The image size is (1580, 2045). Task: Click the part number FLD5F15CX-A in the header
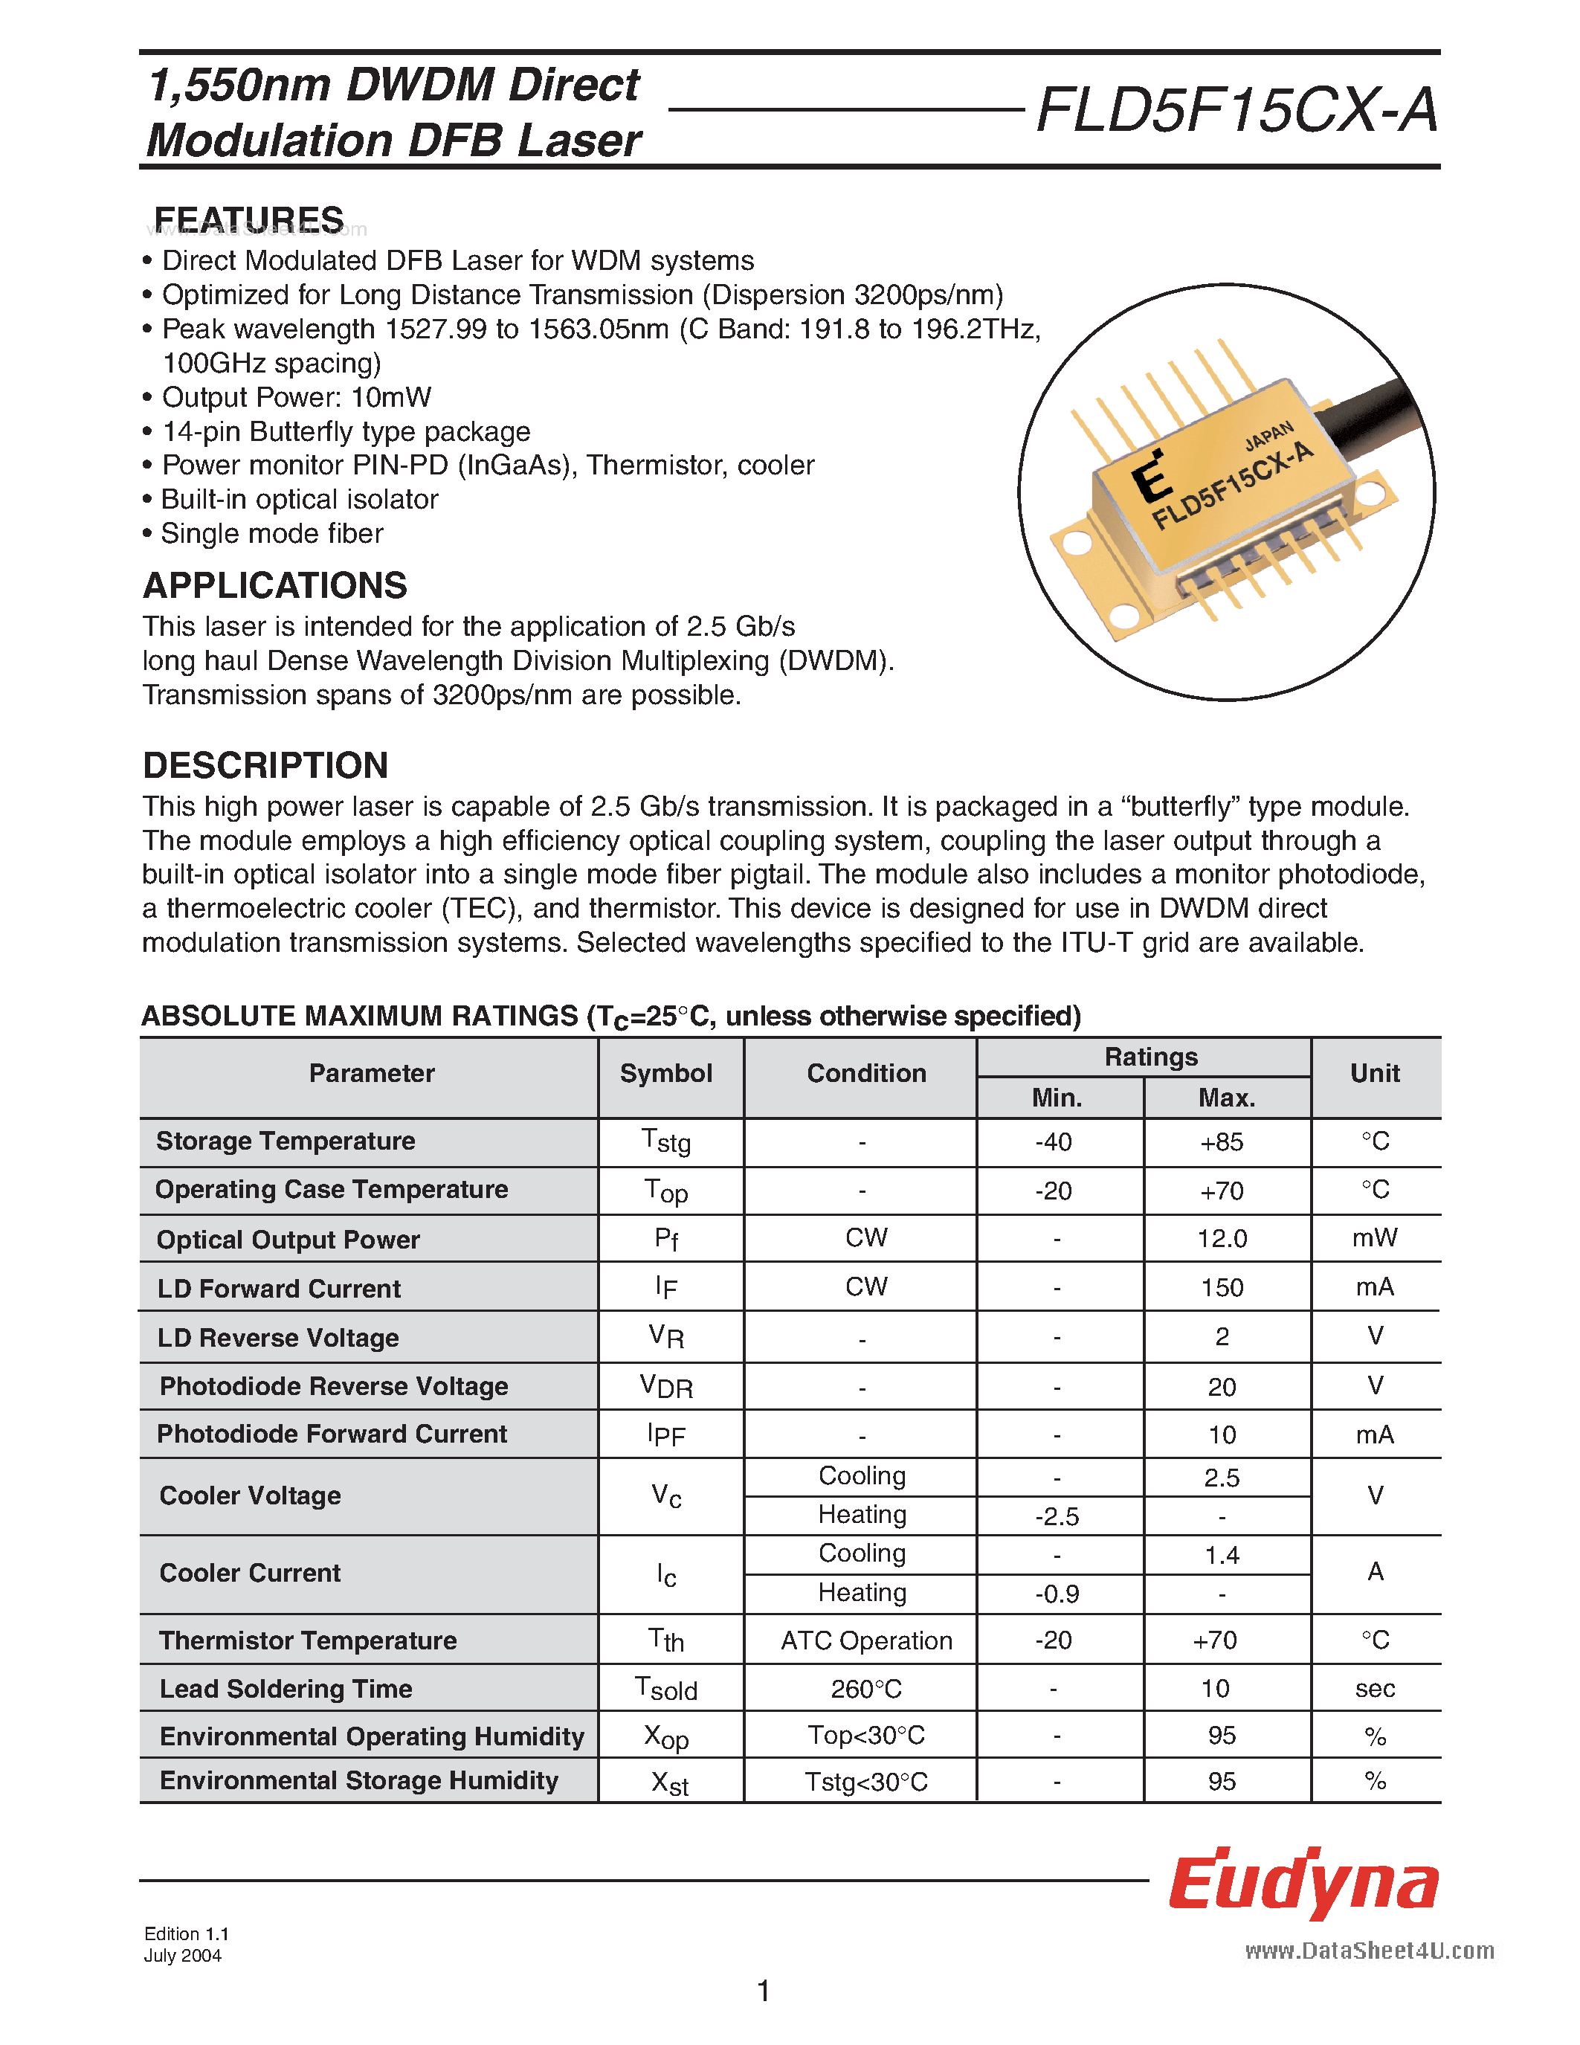pyautogui.click(x=1236, y=112)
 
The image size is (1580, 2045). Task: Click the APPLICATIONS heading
pyautogui.click(x=274, y=586)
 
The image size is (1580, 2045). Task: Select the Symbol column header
pyautogui.click(x=665, y=1074)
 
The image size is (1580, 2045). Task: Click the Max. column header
pyautogui.click(x=1226, y=1098)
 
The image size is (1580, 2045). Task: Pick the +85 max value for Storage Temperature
pyautogui.click(x=1222, y=1142)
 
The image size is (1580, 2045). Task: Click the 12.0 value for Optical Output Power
pyautogui.click(x=1222, y=1239)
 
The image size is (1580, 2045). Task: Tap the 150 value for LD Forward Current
pyautogui.click(x=1222, y=1287)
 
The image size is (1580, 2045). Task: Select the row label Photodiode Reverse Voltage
pyautogui.click(x=333, y=1387)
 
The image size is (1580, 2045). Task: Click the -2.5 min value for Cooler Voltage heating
pyautogui.click(x=1057, y=1517)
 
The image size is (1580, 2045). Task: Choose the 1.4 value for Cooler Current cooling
pyautogui.click(x=1222, y=1555)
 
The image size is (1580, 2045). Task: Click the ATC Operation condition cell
pyautogui.click(x=865, y=1640)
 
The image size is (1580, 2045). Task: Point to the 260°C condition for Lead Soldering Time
pyautogui.click(x=865, y=1690)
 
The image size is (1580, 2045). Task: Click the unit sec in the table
pyautogui.click(x=1374, y=1690)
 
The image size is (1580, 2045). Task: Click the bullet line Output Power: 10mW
pyautogui.click(x=296, y=398)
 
